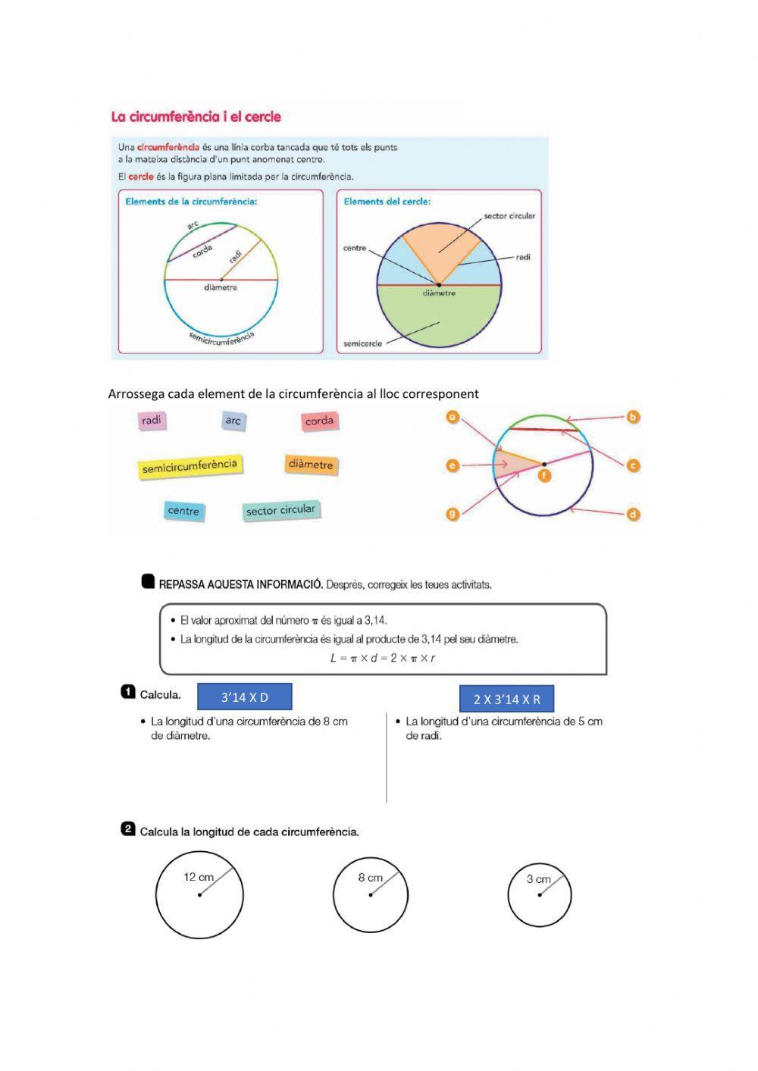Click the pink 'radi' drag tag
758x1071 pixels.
(x=152, y=421)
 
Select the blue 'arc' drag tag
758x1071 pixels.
(x=233, y=421)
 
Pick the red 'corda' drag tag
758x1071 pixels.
(x=319, y=421)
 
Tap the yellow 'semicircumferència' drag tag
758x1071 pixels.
(x=189, y=466)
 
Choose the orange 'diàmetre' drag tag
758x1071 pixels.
(x=311, y=465)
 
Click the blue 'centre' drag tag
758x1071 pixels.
(x=183, y=510)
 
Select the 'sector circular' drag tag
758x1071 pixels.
(x=280, y=510)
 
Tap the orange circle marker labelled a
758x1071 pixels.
(x=453, y=418)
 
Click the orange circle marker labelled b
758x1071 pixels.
(x=633, y=417)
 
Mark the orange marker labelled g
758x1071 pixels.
(x=453, y=514)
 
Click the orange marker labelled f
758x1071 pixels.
(x=543, y=475)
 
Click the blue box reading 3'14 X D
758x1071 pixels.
(x=244, y=697)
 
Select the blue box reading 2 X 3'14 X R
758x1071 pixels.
(x=506, y=699)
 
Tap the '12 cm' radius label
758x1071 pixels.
(x=199, y=877)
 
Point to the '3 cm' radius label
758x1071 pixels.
(x=538, y=879)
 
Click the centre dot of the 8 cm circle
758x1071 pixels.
(x=371, y=895)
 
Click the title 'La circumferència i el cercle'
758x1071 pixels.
(x=196, y=117)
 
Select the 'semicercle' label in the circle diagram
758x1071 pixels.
(x=363, y=343)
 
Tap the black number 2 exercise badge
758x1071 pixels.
(x=128, y=829)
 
